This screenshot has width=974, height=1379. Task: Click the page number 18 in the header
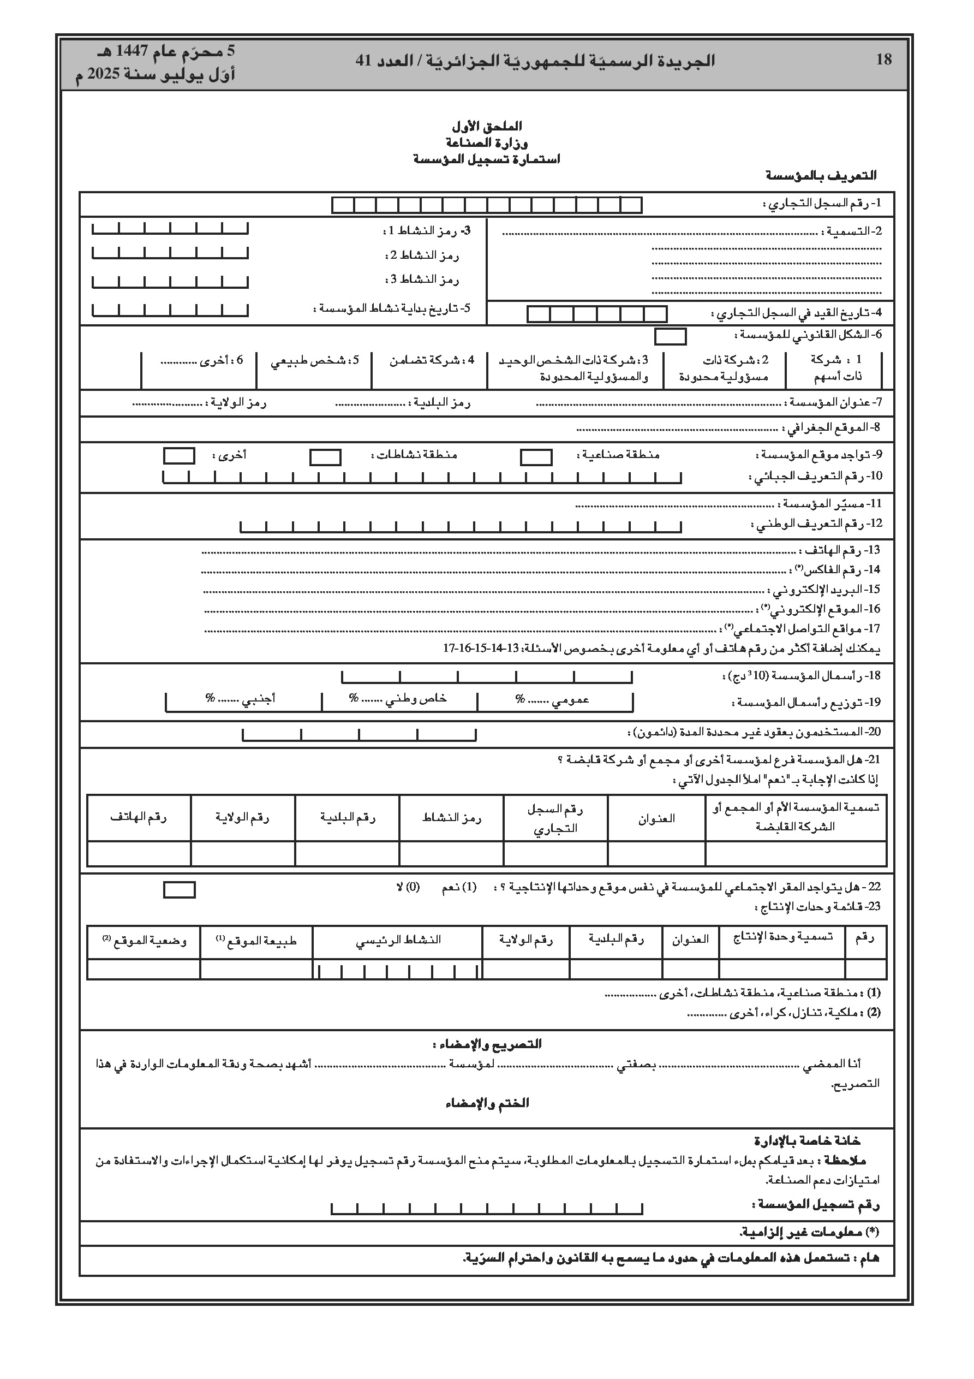pyautogui.click(x=883, y=60)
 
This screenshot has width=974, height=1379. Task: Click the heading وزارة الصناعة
pyautogui.click(x=486, y=143)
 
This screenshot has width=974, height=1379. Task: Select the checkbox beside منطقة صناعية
pyautogui.click(x=536, y=457)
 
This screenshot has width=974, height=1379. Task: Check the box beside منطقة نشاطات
pyautogui.click(x=325, y=457)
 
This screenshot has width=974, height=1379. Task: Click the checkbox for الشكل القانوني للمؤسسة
pyautogui.click(x=670, y=336)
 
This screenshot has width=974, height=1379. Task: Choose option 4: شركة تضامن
pyautogui.click(x=432, y=360)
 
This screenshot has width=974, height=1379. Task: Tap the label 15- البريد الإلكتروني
pyautogui.click(x=826, y=589)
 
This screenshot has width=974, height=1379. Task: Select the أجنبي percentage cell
pyautogui.click(x=243, y=699)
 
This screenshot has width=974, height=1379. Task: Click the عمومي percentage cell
pyautogui.click(x=555, y=699)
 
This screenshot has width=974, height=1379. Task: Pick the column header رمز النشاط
pyautogui.click(x=452, y=818)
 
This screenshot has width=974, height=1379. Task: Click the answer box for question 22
pyautogui.click(x=179, y=889)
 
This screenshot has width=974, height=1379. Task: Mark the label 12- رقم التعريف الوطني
pyautogui.click(x=817, y=524)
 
